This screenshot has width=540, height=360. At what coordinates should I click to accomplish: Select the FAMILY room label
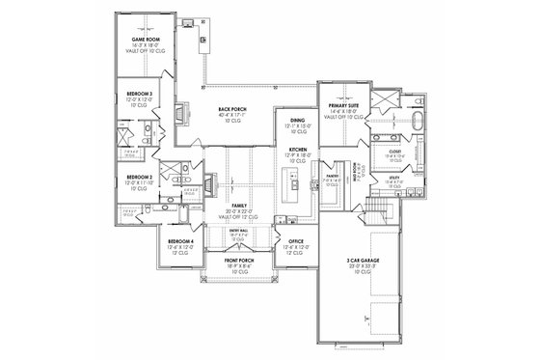238,206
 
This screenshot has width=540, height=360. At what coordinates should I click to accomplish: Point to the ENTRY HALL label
234,231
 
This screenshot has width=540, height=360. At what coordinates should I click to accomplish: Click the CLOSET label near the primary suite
394,151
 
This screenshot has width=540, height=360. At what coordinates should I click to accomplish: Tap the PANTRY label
331,176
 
